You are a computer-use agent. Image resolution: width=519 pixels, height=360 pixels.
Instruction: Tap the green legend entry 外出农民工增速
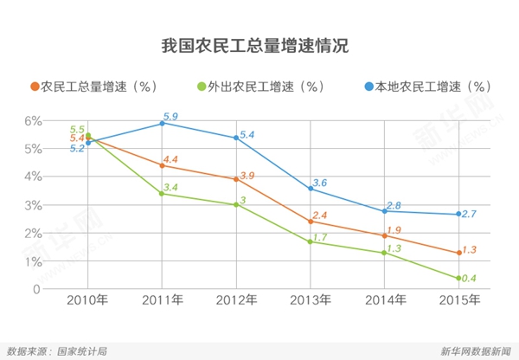click(x=256, y=86)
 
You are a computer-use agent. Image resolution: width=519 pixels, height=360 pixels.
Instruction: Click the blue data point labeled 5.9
click(x=163, y=123)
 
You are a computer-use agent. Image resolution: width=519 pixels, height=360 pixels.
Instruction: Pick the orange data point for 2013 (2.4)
click(x=311, y=222)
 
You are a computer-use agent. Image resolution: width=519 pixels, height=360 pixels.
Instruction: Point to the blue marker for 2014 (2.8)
click(x=386, y=210)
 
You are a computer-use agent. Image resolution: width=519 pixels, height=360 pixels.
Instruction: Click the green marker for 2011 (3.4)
click(x=163, y=194)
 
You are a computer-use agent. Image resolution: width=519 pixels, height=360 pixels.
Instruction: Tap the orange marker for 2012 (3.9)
click(x=237, y=179)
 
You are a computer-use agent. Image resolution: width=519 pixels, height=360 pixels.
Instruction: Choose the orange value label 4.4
click(x=170, y=160)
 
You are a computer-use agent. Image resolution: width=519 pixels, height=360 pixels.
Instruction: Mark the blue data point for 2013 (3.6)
click(x=311, y=188)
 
